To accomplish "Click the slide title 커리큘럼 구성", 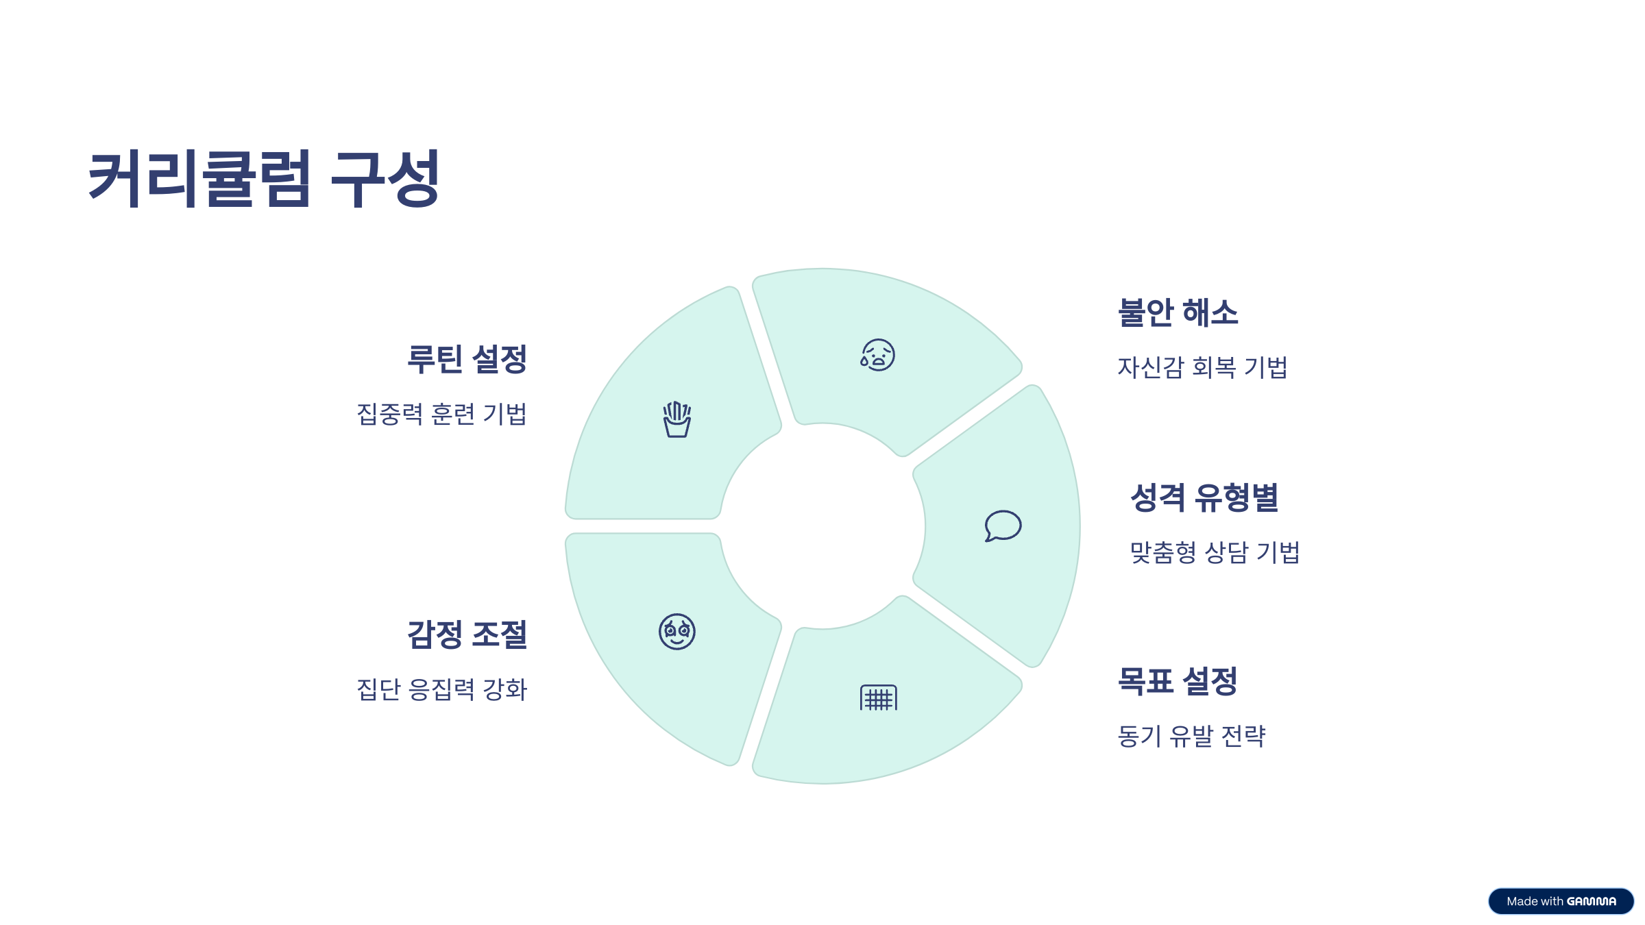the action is tap(264, 178).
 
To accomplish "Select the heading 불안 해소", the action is tap(1178, 312).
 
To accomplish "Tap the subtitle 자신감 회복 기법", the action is tap(1202, 367).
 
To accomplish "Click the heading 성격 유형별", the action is tap(1204, 497).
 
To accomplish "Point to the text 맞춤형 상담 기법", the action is tap(1215, 552).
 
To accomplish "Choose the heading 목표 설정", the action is tap(1177, 681).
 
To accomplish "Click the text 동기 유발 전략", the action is tap(1191, 736).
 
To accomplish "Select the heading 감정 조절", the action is tap(467, 634).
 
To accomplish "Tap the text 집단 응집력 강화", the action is tap(442, 689).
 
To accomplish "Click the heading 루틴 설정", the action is tap(467, 359).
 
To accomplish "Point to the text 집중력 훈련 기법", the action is tap(442, 414).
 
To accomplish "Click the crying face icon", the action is tap(878, 355).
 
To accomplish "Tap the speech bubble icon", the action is tap(1003, 526).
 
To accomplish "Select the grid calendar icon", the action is tap(878, 698).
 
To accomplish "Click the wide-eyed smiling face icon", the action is tap(677, 632).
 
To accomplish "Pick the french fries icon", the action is tap(677, 419).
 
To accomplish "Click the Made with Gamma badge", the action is tap(1561, 901).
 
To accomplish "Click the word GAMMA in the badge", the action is tap(1591, 901).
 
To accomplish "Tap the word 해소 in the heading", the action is tap(1210, 312).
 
